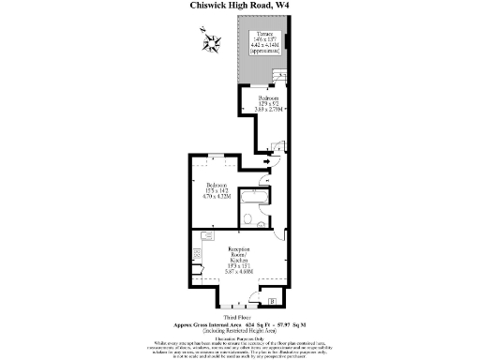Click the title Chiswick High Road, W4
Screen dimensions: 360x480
239,6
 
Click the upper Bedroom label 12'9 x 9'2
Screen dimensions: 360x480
268,102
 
